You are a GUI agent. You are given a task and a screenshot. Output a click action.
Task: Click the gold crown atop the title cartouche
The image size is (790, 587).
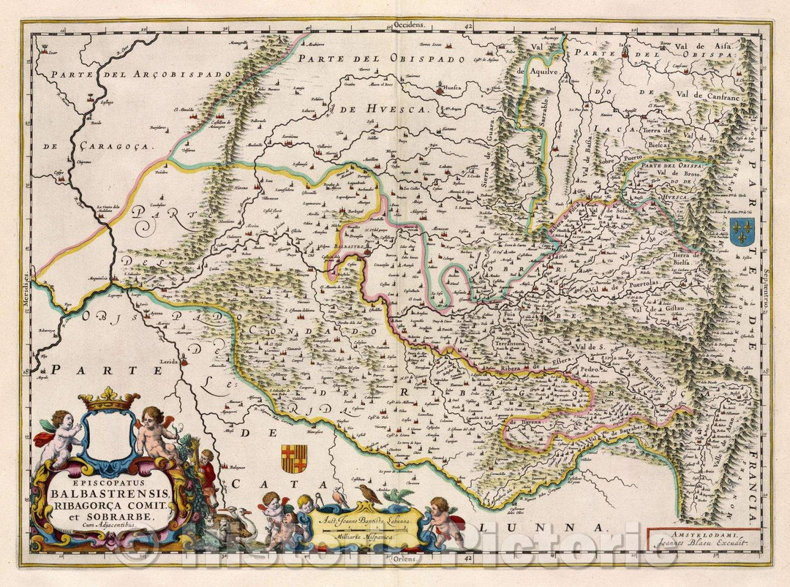coord(108,400)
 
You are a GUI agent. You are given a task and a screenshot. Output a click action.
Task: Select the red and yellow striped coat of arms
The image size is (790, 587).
coord(293,458)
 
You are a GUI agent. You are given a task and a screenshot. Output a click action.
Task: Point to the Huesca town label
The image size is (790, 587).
coord(454,93)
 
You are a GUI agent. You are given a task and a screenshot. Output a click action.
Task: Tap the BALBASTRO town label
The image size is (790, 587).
coord(341,248)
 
